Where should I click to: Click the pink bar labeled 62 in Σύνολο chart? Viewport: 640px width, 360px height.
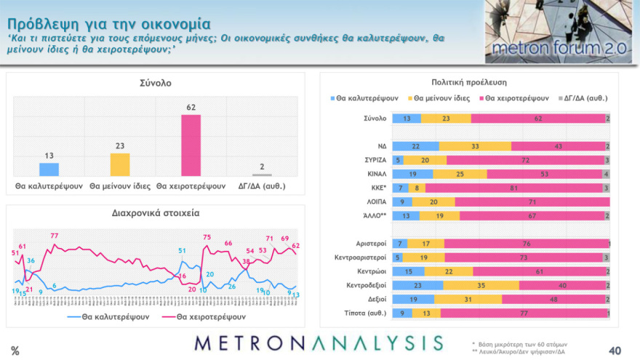pyautogui.click(x=191, y=145)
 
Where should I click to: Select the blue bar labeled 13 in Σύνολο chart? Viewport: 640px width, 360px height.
pyautogui.click(x=49, y=169)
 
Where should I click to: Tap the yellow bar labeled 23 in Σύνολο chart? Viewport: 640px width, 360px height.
pyautogui.click(x=120, y=164)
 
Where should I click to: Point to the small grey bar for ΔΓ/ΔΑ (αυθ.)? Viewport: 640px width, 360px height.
pyautogui.click(x=262, y=175)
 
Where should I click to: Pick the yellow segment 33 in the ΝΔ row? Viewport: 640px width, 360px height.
pyautogui.click(x=475, y=145)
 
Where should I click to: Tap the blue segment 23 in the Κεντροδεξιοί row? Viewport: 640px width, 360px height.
pyautogui.click(x=417, y=285)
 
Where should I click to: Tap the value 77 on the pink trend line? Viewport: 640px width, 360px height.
pyautogui.click(x=55, y=236)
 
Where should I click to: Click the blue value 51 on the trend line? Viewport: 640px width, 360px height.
pyautogui.click(x=182, y=251)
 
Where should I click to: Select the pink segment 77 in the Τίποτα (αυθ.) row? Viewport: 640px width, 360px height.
pyautogui.click(x=524, y=313)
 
